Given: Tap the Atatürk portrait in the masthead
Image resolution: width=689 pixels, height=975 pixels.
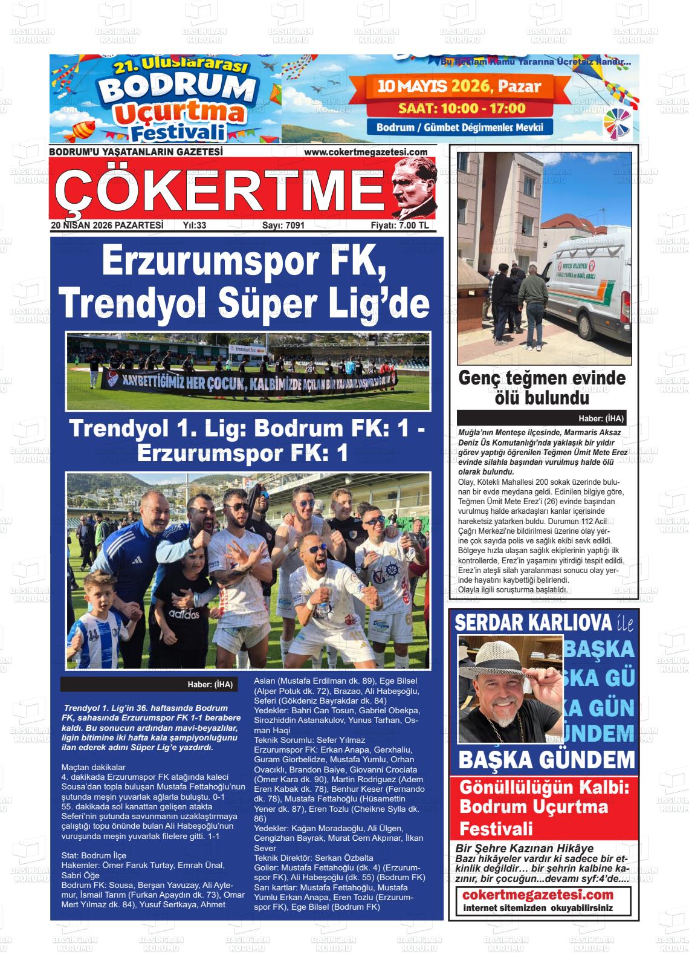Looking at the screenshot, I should coord(412,187).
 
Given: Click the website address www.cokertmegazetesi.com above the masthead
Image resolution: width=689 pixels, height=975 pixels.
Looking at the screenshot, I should coord(366,152).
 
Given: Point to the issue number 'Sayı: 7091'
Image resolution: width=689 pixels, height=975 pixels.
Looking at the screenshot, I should coord(283,225).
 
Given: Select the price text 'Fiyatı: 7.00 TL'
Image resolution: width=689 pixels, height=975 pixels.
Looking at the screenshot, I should coord(399,225).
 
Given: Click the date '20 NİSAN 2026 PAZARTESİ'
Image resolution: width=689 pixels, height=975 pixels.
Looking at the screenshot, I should coord(108,225).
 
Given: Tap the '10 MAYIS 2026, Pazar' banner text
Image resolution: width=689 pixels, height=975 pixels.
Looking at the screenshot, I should coord(459,86).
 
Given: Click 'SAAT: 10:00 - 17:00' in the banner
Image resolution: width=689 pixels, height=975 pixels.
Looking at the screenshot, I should coord(462,109).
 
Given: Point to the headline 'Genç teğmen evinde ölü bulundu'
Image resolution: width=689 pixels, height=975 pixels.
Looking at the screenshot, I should coord(542,388).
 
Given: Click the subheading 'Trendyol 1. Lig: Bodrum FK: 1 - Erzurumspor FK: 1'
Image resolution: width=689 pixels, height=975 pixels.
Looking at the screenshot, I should coord(248,439).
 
